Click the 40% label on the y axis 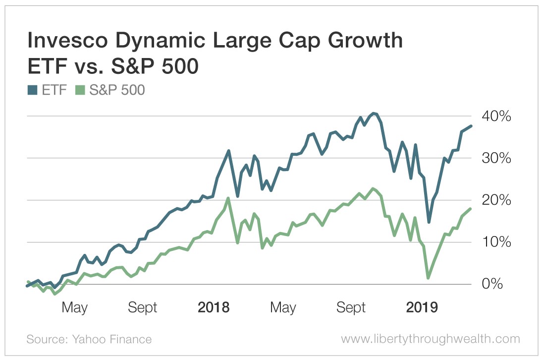496,117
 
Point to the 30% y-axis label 496,159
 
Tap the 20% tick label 496,200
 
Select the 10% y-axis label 496,242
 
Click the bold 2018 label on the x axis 214,307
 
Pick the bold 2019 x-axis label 422,307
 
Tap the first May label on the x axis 74,308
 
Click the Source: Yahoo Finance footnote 89,339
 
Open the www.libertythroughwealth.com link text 431,339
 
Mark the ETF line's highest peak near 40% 374,114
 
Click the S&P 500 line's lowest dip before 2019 429,278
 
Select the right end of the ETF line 471,126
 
